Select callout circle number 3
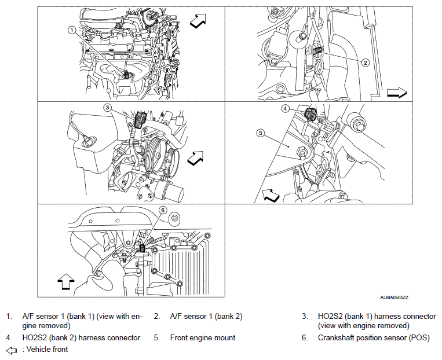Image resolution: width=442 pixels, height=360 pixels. [108, 108]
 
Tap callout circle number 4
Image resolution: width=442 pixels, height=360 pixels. [286, 108]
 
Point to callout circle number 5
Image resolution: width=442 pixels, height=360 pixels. [261, 133]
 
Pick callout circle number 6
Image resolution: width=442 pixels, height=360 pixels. [163, 210]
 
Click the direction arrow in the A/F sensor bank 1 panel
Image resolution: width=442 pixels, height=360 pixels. [199, 21]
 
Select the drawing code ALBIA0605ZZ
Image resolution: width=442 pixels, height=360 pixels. [394, 297]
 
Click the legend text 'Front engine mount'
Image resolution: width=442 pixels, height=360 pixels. [202, 337]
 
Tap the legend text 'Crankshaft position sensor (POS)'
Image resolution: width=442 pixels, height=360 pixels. [367, 337]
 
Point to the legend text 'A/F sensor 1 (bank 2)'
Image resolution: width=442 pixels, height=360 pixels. [206, 317]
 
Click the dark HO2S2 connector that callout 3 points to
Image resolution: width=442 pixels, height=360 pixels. [139, 120]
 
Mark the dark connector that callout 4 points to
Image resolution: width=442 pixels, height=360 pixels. [310, 113]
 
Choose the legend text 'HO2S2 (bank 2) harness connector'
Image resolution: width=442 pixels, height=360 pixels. [81, 337]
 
